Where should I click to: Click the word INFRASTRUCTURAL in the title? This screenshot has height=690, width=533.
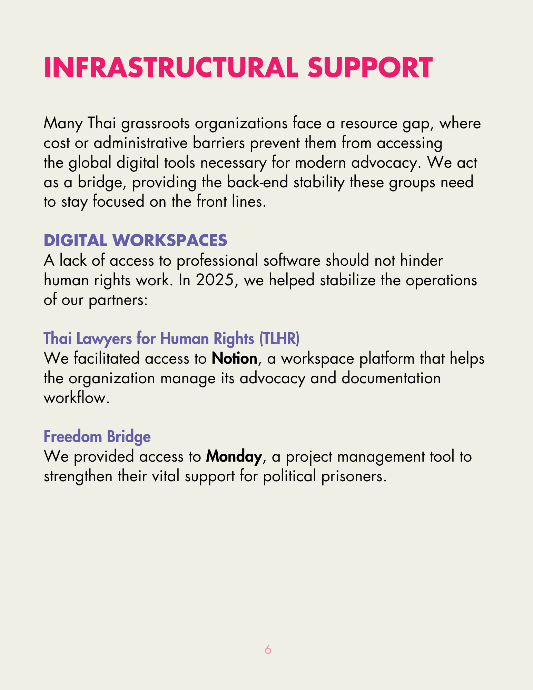pos(171,67)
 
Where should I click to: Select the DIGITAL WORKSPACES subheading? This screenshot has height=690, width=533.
pos(135,240)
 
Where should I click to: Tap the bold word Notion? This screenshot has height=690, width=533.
pos(234,359)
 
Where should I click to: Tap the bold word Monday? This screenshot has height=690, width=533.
pos(234,457)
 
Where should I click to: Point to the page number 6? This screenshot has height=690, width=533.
pos(268,650)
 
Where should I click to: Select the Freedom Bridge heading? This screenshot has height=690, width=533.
pos(97,437)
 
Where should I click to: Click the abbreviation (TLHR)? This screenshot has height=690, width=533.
pos(279,339)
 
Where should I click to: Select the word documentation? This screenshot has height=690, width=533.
pos(391,378)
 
